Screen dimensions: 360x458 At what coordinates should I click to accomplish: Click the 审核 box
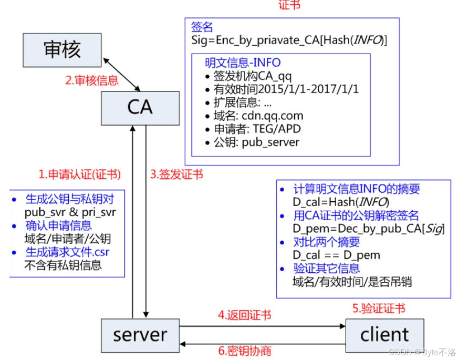62,49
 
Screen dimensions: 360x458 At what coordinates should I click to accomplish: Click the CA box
140,107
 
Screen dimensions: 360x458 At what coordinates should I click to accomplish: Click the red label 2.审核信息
92,80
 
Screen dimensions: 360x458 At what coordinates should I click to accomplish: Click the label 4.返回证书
245,315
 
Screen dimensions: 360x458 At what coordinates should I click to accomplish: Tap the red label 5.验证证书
379,308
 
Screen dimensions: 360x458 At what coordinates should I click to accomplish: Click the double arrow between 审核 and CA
122,74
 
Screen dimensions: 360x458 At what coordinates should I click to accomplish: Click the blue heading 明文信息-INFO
243,63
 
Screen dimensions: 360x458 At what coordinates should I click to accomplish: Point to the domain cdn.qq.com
273,116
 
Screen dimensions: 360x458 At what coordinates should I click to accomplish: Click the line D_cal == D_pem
336,255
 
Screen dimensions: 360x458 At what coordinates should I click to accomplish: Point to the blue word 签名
202,27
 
